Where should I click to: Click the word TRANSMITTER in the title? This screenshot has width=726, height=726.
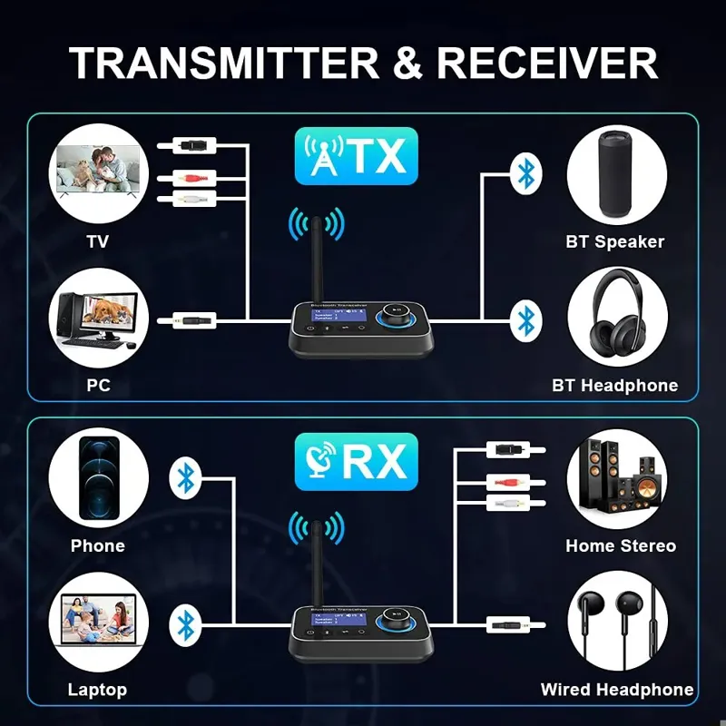[x=222, y=63]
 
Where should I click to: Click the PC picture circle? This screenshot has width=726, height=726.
[x=98, y=319]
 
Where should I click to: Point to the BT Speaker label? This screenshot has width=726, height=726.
[x=614, y=242]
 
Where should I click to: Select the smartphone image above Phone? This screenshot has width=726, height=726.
[x=98, y=478]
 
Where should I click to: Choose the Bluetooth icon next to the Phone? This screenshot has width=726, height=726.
[x=186, y=477]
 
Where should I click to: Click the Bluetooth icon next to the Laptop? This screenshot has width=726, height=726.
[x=186, y=623]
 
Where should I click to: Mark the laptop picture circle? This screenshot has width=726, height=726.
[x=98, y=623]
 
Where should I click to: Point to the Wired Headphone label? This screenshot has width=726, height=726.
[x=616, y=690]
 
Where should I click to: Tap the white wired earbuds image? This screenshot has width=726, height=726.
[x=616, y=623]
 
